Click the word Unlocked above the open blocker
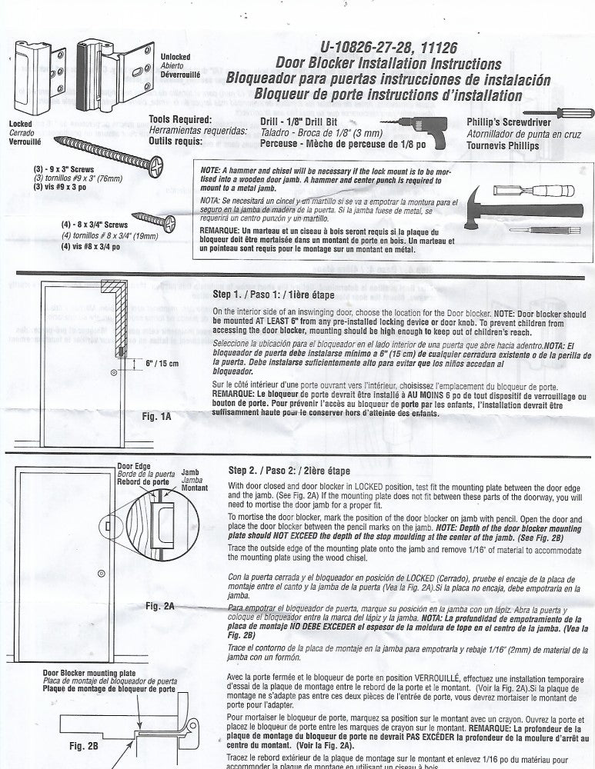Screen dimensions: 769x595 [175, 57]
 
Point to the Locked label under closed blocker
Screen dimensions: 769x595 [21, 123]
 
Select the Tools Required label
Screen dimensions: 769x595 [183, 120]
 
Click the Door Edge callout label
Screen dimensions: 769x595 [135, 465]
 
